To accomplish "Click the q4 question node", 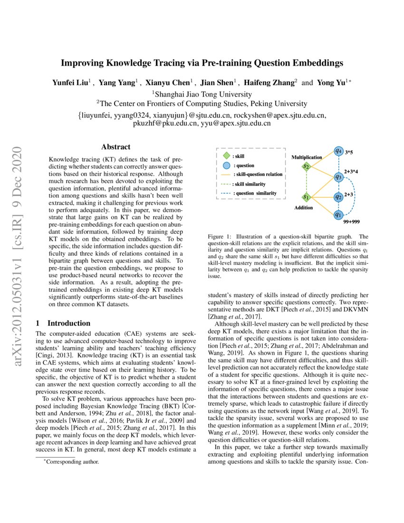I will pos(338,151).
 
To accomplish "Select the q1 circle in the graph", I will pos(338,214).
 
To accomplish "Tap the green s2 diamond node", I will pos(307,167).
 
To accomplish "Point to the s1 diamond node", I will pos(307,196).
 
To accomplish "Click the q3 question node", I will pos(338,177).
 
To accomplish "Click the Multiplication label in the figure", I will pos(307,157).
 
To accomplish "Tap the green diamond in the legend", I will pos(227,155).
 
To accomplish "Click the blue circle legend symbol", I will pos(227,165).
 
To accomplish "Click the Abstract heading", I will pos(115,147).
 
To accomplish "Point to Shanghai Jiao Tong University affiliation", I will pos(203,94).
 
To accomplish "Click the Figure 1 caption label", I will pos(221,236).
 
